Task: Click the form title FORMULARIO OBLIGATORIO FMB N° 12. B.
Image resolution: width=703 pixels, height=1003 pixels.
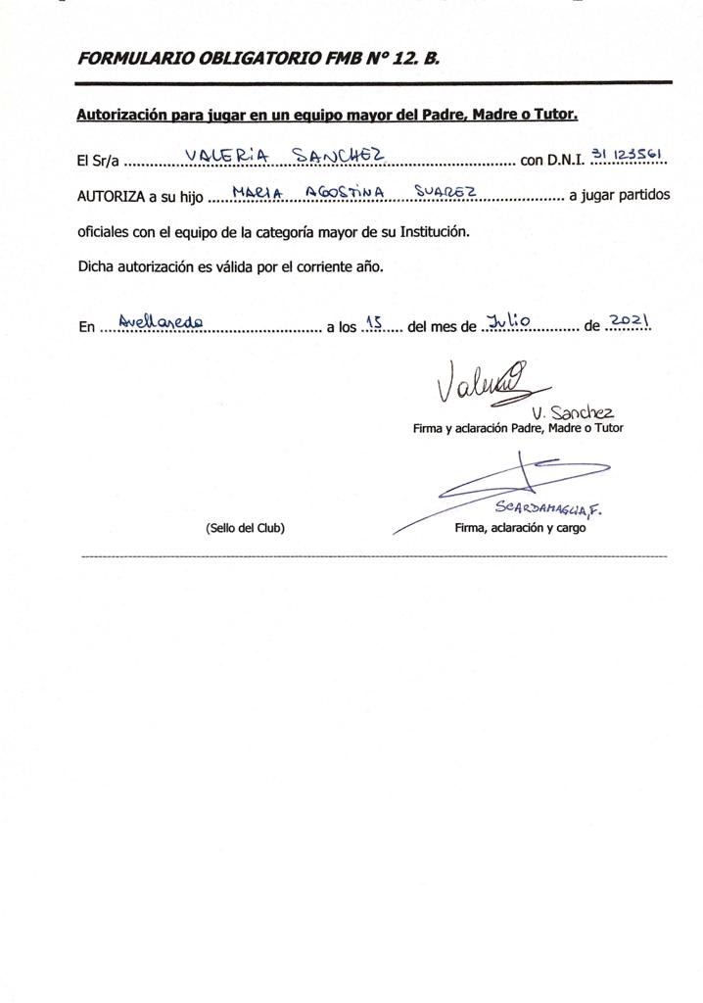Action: point(258,59)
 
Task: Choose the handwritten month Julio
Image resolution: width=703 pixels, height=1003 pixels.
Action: point(508,319)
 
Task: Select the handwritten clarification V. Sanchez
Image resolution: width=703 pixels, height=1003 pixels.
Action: point(575,412)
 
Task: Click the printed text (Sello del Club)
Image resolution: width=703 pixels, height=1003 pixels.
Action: point(245,528)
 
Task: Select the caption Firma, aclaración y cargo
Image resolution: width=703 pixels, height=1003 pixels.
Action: point(520,528)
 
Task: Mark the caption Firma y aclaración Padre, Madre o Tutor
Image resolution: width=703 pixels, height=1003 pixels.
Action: point(517,428)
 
